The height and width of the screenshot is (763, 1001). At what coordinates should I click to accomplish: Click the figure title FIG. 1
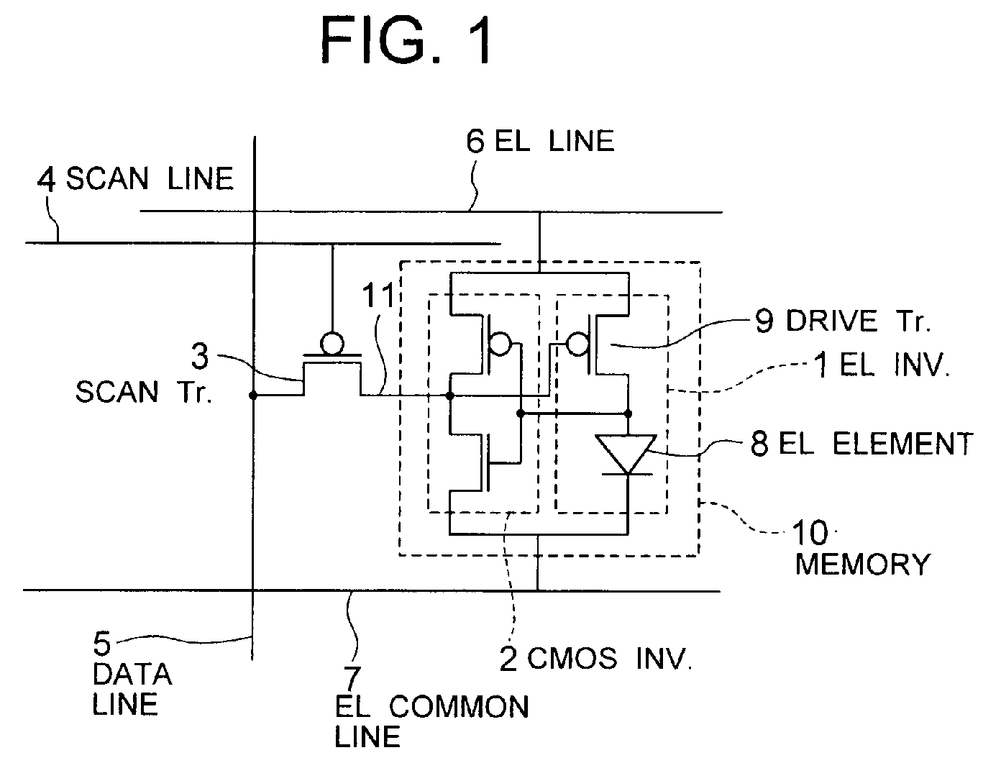pyautogui.click(x=406, y=40)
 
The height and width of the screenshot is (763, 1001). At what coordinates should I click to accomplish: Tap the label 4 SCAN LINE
pyautogui.click(x=135, y=179)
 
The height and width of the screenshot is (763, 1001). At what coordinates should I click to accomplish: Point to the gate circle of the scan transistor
pyautogui.click(x=332, y=343)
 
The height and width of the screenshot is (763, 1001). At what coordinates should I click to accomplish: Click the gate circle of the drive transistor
pyautogui.click(x=577, y=344)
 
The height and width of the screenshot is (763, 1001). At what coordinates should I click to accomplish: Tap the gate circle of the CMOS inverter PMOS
pyautogui.click(x=501, y=344)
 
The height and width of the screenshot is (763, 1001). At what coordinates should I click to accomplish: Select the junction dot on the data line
pyautogui.click(x=253, y=396)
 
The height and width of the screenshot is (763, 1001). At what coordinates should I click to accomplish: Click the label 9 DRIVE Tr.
pyautogui.click(x=843, y=321)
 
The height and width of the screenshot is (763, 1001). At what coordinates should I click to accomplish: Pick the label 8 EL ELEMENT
pyautogui.click(x=861, y=443)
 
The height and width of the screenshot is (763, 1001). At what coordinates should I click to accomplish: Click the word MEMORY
pyautogui.click(x=862, y=564)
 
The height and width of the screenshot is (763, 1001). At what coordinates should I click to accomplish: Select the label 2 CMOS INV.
pyautogui.click(x=595, y=659)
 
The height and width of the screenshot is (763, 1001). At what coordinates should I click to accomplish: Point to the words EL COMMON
pyautogui.click(x=431, y=707)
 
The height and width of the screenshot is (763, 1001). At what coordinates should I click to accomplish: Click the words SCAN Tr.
pyautogui.click(x=144, y=392)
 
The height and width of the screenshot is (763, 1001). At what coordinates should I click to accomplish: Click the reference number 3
pyautogui.click(x=200, y=356)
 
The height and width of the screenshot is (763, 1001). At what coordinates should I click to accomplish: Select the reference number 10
pyautogui.click(x=810, y=533)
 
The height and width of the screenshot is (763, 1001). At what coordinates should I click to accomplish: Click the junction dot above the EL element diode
pyautogui.click(x=628, y=414)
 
